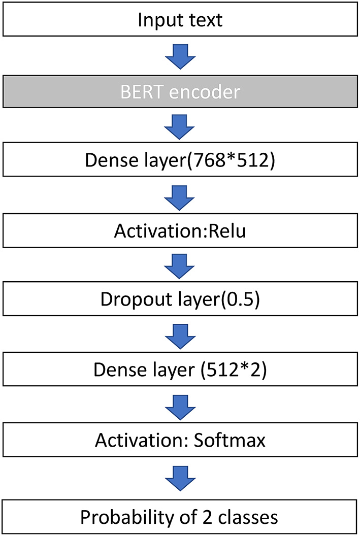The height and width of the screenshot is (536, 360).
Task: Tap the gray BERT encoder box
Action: point(180,92)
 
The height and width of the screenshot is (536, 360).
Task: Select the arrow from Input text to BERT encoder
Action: point(180,56)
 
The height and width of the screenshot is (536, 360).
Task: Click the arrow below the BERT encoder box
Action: point(180,127)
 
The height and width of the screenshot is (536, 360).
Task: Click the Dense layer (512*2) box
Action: point(180,370)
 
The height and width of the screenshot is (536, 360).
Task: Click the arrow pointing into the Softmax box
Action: point(180,405)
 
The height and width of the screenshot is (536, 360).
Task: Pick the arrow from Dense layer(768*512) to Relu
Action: point(180,196)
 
